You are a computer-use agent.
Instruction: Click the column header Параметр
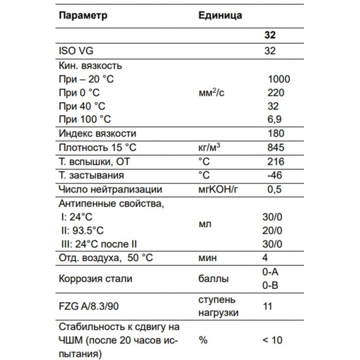coord(83,15)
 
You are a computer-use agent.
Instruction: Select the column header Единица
coord(220,15)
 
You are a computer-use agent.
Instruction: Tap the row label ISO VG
coord(77,50)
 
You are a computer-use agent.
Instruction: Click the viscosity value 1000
coord(279,79)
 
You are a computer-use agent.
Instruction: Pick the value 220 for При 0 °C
coord(276,93)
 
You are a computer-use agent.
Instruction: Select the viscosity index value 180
coord(276,134)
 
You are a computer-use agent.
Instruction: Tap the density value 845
coord(276,148)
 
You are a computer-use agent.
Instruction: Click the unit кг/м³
coord(210,148)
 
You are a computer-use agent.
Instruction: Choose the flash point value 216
coord(276,161)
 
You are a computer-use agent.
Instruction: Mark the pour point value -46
coord(275,175)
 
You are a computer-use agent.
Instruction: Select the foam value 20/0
coord(272,230)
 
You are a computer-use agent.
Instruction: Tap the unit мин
coord(208,257)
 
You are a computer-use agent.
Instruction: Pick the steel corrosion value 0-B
coord(271,285)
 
